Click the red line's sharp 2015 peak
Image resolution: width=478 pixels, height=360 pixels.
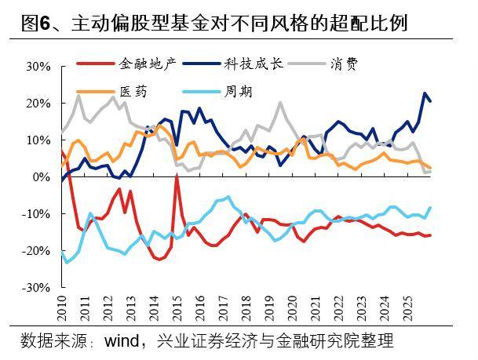[x=177, y=177]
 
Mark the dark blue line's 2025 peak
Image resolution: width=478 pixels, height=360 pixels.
[x=425, y=93]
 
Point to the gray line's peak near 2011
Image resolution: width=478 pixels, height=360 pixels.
[x=78, y=95]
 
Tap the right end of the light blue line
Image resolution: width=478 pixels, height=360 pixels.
[x=430, y=208]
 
